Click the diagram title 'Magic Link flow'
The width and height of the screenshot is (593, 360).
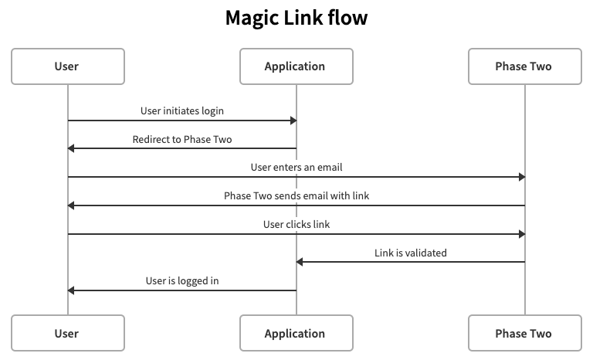coord(296,18)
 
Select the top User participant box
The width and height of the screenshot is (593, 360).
coord(67,66)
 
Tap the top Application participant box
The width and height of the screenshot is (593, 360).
coord(296,66)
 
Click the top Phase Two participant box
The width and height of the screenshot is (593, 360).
coord(524,66)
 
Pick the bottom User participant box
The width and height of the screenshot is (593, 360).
coord(67,334)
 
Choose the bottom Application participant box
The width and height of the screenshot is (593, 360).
coord(296,334)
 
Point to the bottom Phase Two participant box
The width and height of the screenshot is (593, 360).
coord(524,334)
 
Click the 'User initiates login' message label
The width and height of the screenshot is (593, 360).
coord(182,110)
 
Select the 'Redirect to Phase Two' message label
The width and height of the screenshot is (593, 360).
coord(182,139)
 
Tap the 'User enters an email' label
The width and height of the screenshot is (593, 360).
coord(296,167)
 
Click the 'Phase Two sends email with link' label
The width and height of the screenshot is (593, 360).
coord(296,195)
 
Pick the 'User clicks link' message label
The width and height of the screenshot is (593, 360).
coord(296,224)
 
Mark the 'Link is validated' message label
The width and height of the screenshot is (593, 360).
coord(410,253)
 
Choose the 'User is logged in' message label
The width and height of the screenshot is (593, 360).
coord(182,281)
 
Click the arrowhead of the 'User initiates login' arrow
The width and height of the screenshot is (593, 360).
coord(293,121)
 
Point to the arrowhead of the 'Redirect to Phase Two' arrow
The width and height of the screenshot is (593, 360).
coord(71,148)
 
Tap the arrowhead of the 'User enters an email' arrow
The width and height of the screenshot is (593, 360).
coord(521,177)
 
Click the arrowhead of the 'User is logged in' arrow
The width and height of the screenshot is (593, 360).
coord(71,290)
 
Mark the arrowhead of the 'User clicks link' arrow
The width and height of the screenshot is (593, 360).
coord(521,233)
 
